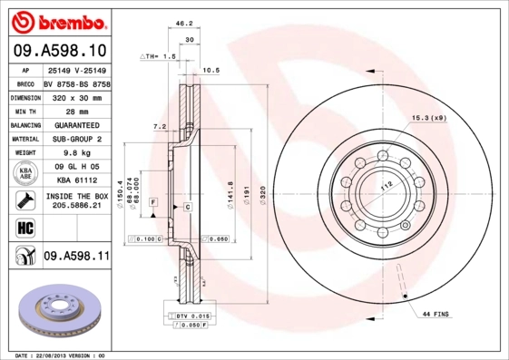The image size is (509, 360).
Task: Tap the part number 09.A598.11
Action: point(76,257)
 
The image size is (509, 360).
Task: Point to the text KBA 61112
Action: point(76,180)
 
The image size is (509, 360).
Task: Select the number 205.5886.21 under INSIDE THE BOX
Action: point(76,207)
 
